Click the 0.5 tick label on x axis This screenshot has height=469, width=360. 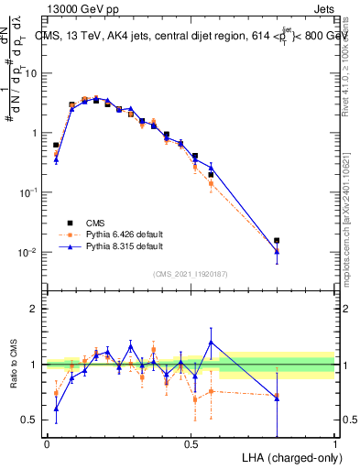(191, 443)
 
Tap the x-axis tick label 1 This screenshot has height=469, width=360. (335, 443)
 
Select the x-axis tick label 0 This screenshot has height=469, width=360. (47, 443)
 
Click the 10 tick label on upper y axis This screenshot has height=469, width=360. (30, 73)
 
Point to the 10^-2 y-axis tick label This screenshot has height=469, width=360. (27, 252)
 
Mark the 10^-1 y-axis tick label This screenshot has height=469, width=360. (27, 192)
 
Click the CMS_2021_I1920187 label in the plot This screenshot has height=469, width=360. (191, 274)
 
